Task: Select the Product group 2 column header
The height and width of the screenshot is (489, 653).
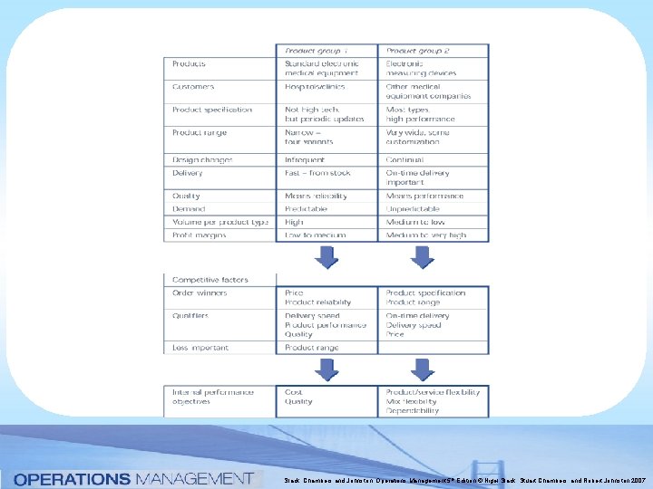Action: point(418,51)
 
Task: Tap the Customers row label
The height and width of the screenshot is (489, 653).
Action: point(192,87)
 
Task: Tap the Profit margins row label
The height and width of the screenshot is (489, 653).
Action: point(200,235)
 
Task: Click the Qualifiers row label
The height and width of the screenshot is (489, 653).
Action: point(190,316)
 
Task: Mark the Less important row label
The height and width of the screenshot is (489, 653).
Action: point(200,348)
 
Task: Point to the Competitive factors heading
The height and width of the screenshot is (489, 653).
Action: point(210,280)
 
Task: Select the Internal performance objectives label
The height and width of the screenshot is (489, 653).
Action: point(213,397)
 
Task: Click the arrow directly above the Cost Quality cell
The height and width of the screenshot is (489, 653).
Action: point(325,369)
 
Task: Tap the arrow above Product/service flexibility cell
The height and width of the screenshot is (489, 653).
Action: point(421,369)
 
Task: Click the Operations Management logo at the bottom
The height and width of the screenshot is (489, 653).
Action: point(133,477)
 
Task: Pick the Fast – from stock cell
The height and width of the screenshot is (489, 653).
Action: point(317,173)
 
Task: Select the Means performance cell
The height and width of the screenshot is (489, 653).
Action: point(424,196)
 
